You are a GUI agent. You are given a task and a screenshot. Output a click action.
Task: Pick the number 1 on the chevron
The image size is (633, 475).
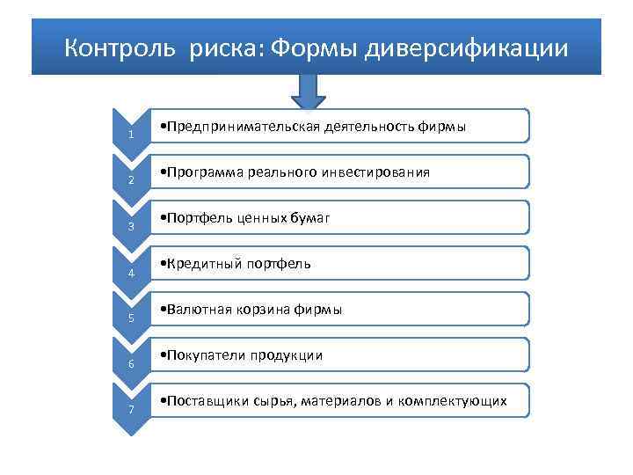click(130, 135)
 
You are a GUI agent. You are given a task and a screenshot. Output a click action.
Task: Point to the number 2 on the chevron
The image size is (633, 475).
click(130, 180)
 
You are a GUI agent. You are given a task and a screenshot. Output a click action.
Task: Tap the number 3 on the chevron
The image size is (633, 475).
click(130, 226)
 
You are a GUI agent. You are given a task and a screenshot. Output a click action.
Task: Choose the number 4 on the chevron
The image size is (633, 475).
click(130, 272)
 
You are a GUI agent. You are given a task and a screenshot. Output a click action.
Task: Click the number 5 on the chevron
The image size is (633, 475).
click(130, 318)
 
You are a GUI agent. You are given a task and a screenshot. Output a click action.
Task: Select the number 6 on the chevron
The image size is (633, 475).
click(130, 363)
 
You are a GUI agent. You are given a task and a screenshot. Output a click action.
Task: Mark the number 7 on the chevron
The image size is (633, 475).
click(130, 409)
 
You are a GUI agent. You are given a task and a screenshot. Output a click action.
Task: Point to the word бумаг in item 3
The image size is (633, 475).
click(312, 218)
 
